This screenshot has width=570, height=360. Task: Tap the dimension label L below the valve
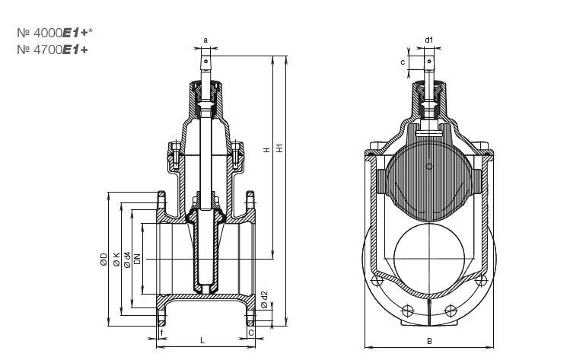coord(202,340)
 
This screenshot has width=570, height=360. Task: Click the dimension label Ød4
coord(127,259)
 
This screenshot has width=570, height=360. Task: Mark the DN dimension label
coord(137,259)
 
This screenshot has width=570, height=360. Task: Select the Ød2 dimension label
coord(264,299)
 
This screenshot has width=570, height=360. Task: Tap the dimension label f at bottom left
coord(161,332)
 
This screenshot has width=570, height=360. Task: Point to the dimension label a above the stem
coord(205,39)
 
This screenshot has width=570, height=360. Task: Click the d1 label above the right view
coord(429,39)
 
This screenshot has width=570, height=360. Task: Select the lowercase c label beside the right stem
coord(403,63)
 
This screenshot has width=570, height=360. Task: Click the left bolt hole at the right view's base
coord(406,309)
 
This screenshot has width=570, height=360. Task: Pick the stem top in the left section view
coord(205,56)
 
